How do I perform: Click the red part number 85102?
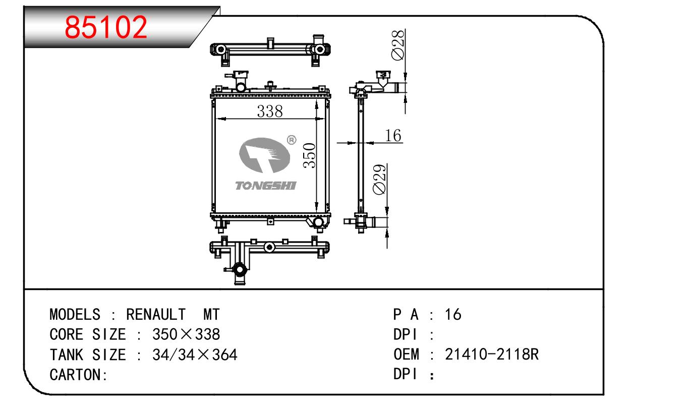point(106,27)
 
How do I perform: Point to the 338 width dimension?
point(270,111)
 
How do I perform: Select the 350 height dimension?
point(309,155)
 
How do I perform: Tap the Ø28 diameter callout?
point(398,45)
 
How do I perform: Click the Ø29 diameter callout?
point(379,180)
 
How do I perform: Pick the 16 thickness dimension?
point(393,136)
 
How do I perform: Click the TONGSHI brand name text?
point(265,186)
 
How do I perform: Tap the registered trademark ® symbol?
point(292,140)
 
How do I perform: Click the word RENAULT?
point(156,315)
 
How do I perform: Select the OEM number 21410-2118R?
point(491,354)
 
